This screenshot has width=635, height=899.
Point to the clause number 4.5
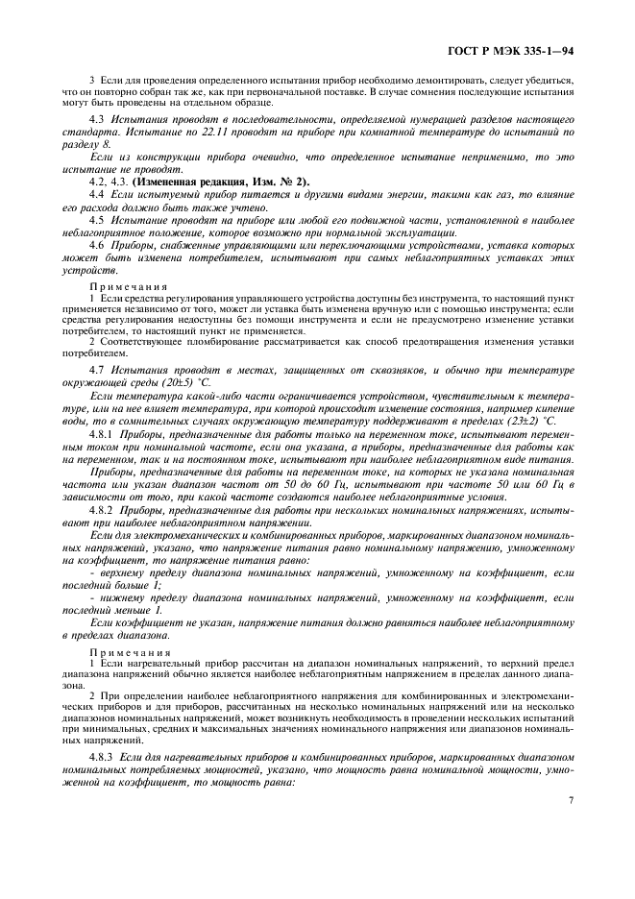(x=96, y=220)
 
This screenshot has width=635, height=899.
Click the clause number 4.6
(x=96, y=246)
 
